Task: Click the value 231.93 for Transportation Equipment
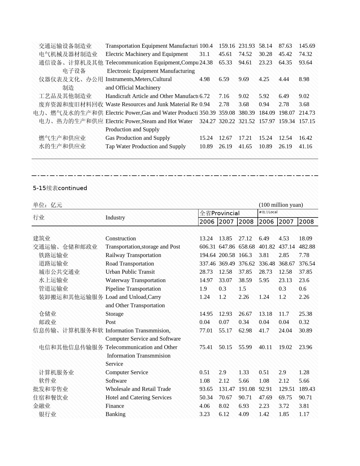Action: tap(246, 46)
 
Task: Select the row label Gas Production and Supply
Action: tap(138, 138)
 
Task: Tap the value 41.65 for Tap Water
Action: tap(245, 146)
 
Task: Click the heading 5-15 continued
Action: tap(60, 188)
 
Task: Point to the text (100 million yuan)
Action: tap(281, 205)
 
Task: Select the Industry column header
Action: tap(115, 217)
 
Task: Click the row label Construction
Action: tap(121, 238)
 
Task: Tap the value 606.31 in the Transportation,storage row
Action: tap(207, 247)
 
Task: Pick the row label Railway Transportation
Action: tap(133, 255)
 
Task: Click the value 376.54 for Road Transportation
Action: tap(307, 264)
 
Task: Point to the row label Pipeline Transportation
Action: tap(133, 289)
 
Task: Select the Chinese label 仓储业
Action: tap(48, 314)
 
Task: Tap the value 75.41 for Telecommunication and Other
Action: tap(206, 347)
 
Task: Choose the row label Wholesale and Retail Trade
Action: tap(138, 389)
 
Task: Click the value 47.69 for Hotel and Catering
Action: tap(265, 397)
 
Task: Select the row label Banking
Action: tap(115, 414)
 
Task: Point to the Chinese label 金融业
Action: tap(42, 406)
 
